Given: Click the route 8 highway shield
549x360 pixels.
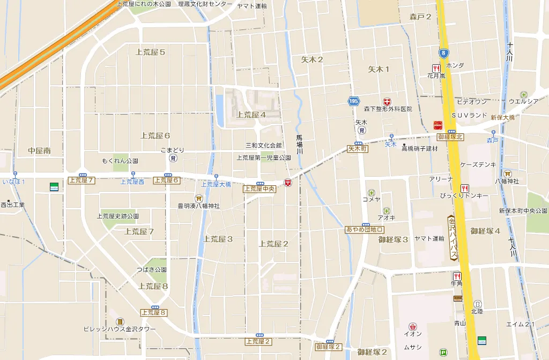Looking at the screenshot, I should [x=443, y=53].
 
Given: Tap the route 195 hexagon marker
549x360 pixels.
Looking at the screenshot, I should [x=353, y=101].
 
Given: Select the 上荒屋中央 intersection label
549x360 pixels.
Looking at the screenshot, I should [x=259, y=189].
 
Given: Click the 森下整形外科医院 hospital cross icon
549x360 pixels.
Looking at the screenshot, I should [x=387, y=101].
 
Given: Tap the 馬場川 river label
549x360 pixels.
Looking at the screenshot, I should [x=300, y=145].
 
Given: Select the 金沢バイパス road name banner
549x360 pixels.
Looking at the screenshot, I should [x=452, y=238].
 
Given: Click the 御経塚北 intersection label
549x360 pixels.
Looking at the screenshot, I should [x=450, y=137].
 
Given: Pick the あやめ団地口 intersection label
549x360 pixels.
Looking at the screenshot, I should [x=365, y=230].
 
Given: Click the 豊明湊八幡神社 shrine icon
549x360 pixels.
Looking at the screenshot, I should [x=198, y=198].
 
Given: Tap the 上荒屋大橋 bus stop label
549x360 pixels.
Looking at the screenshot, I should [x=216, y=184].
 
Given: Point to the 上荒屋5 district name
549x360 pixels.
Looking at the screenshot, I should [x=150, y=52].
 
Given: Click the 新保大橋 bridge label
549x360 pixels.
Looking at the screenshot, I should [x=502, y=117].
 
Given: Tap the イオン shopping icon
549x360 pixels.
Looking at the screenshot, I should [x=412, y=326].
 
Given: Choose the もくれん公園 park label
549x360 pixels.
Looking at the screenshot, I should [x=120, y=161].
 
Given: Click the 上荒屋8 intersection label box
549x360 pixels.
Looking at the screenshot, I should [x=154, y=312].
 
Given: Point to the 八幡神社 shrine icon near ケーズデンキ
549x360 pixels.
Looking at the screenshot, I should [x=507, y=173].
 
